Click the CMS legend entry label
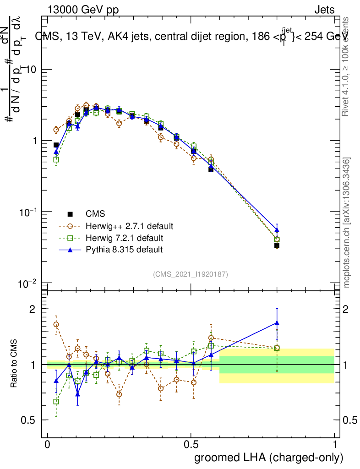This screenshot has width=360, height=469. pos(95,214)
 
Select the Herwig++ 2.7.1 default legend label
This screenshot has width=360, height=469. pos(129,226)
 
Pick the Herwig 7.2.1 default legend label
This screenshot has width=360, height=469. pos(125,238)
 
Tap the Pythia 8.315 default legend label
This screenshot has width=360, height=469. pos(124,250)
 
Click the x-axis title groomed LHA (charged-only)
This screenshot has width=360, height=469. pos(269,457)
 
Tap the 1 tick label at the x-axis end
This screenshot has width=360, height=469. pos(334,444)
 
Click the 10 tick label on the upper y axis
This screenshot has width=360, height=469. pos(30,69)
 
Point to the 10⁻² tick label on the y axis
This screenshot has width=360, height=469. pos(27,284)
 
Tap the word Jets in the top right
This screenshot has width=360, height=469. pos(324,10)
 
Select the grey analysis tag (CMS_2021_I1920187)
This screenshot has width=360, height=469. pos(191,274)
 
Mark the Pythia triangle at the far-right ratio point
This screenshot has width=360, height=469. pos(277,323)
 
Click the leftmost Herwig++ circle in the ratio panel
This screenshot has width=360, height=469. pos(56,324)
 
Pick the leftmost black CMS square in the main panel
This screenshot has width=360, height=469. pos(56,145)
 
